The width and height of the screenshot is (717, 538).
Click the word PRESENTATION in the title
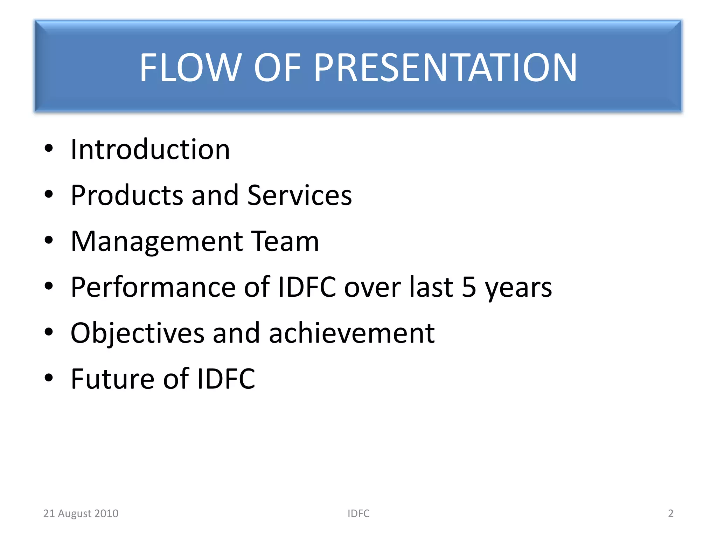pos(445,67)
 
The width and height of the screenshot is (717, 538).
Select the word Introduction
pos(150,149)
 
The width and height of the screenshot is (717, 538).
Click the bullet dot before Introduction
pos(49,148)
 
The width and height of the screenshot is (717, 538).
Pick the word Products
pos(127,195)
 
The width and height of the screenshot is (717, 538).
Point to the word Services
pos(299,195)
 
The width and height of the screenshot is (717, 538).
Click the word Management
pos(157,241)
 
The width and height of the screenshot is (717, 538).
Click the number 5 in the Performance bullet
pos(469,287)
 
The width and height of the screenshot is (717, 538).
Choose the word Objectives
pos(137,333)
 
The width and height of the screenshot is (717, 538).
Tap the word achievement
pos(351,333)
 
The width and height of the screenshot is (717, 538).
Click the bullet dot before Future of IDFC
pos(49,378)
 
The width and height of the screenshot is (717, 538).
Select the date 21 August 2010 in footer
pos(81,513)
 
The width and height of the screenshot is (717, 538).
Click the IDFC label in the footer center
pos(358,513)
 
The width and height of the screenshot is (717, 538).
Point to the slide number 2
pos(670,513)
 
